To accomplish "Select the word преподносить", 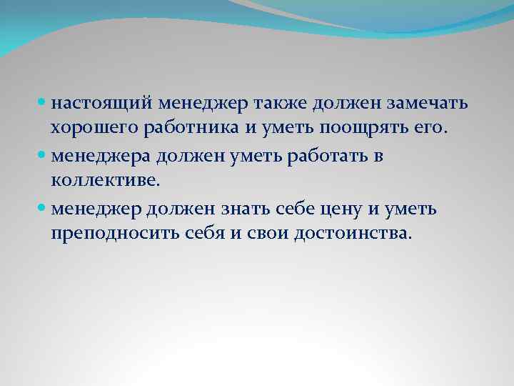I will click(x=118, y=234).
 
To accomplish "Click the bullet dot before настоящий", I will click(x=43, y=104).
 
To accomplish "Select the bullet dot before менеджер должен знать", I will click(x=43, y=209).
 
